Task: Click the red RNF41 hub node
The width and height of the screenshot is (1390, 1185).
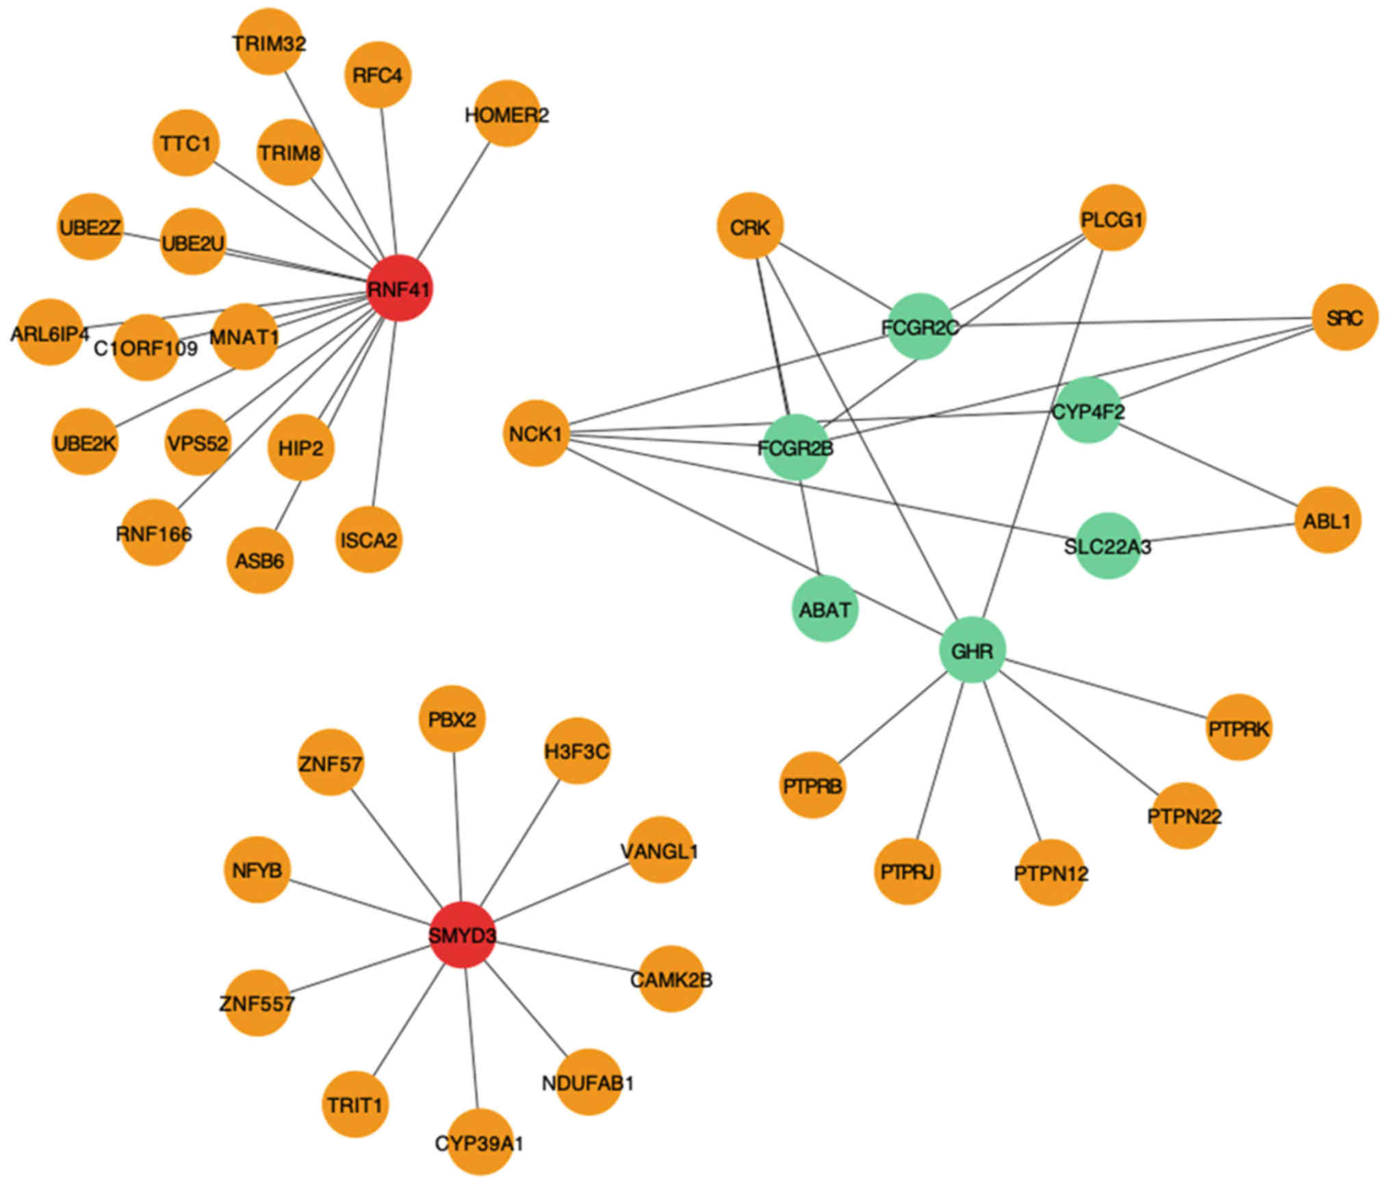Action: (400, 288)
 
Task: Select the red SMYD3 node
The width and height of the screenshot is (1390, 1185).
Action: (463, 934)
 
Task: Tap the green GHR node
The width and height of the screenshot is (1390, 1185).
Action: (972, 650)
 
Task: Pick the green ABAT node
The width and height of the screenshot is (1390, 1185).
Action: (825, 609)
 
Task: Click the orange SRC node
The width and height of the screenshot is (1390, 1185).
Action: (1345, 318)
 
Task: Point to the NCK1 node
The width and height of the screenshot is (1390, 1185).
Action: (536, 433)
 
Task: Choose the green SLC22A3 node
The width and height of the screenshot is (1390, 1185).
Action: (1108, 546)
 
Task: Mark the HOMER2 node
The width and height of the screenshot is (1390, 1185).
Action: (506, 114)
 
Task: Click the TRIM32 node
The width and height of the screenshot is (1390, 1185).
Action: (269, 42)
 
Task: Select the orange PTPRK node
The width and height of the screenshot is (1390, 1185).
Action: (1239, 728)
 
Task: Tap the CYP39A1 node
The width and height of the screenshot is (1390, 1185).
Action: (479, 1142)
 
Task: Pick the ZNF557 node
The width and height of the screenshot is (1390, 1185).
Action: (257, 1003)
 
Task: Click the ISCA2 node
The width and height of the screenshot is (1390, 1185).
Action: (369, 539)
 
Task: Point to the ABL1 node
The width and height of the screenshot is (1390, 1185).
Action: (1328, 520)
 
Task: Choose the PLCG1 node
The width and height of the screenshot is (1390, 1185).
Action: (1111, 218)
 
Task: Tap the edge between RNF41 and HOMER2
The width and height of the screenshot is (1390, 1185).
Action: (453, 201)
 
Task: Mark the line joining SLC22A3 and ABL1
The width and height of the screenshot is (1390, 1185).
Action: (1218, 533)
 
